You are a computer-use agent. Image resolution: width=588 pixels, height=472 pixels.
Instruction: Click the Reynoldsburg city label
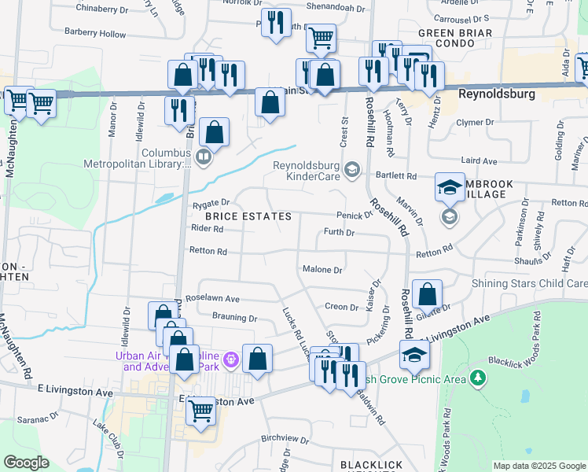[496, 94]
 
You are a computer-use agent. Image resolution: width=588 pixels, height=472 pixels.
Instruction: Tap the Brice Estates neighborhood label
[248, 216]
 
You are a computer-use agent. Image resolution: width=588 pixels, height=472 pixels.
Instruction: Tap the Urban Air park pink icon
[230, 360]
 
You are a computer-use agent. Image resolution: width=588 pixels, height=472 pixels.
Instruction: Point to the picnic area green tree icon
[476, 379]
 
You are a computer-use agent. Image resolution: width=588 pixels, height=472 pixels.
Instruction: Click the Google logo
[26, 462]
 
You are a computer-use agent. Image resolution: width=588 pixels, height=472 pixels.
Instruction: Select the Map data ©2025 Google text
[538, 466]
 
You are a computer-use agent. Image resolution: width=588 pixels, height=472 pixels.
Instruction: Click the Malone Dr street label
[322, 270]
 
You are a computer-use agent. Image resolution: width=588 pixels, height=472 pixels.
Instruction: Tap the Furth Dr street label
[340, 233]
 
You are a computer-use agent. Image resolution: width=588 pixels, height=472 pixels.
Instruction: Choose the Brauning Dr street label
[235, 319]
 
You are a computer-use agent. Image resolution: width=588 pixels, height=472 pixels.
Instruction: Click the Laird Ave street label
[479, 160]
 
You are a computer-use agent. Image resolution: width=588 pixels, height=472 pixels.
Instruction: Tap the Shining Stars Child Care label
[529, 283]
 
